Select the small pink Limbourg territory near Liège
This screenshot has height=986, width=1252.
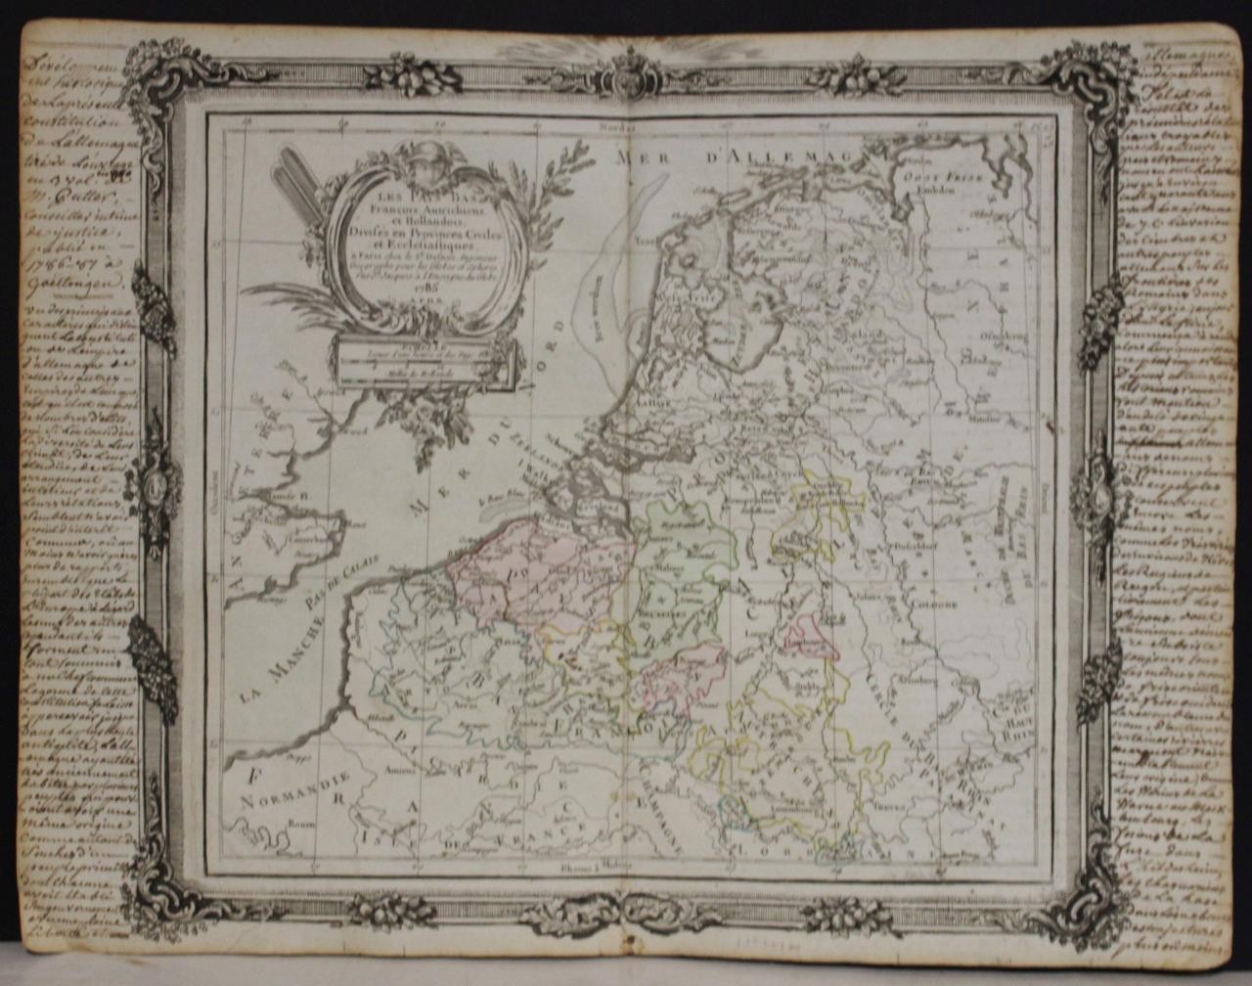tap(810, 636)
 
